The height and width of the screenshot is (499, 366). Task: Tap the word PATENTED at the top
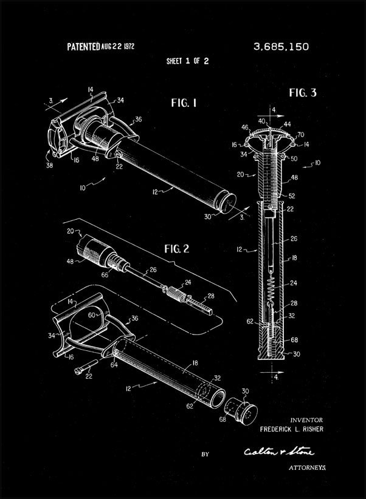pyautogui.click(x=83, y=46)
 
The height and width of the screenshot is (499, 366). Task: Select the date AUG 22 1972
pyautogui.click(x=118, y=46)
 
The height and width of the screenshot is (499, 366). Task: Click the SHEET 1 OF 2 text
pyautogui.click(x=187, y=61)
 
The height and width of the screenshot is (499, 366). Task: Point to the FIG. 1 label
pyautogui.click(x=183, y=103)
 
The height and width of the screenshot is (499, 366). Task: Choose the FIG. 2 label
pyautogui.click(x=177, y=248)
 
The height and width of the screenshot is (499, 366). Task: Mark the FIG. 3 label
pyautogui.click(x=302, y=93)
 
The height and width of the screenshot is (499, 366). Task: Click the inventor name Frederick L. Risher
pyautogui.click(x=291, y=429)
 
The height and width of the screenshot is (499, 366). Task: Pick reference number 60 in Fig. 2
pyautogui.click(x=92, y=315)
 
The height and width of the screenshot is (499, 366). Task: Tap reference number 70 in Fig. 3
pyautogui.click(x=300, y=134)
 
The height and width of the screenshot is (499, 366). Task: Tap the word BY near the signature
pyautogui.click(x=205, y=453)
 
